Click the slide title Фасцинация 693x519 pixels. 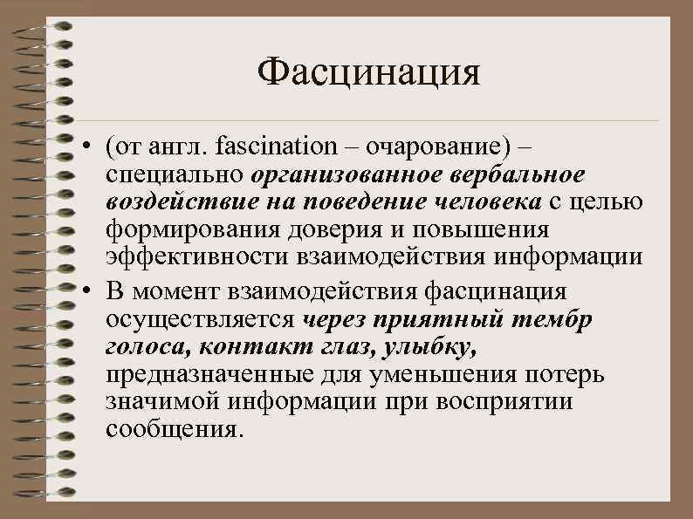pos(368,72)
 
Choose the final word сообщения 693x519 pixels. pos(171,431)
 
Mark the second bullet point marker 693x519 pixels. pos(90,290)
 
